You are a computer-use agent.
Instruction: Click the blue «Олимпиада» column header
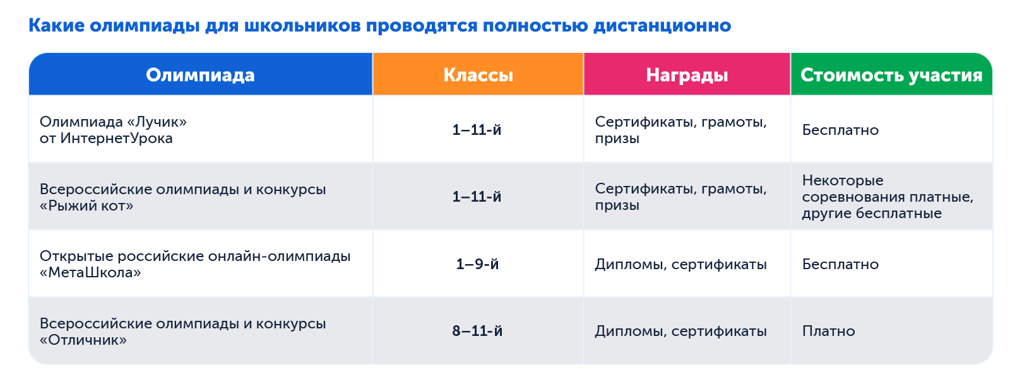pos(200,75)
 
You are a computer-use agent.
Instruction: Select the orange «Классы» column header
pos(478,75)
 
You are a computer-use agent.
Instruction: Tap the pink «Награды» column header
pos(687,75)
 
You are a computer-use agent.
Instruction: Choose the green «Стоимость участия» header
pos(891,75)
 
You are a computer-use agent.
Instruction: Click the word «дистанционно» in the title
pos(662,26)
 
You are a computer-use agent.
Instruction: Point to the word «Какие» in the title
pos(56,26)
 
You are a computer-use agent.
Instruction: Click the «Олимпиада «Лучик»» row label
pos(113,130)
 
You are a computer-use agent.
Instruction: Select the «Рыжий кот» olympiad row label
pos(182,197)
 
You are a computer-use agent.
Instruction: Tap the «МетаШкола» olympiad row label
pos(194,264)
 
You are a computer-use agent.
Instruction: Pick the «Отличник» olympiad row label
pos(182,332)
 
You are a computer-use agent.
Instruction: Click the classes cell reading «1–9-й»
pos(477,264)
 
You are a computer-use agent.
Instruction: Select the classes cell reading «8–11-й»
pos(477,331)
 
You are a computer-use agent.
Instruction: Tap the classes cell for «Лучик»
pos(477,130)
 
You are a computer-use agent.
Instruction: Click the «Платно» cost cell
pos(828,331)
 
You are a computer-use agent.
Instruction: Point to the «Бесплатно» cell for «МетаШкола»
pos(840,264)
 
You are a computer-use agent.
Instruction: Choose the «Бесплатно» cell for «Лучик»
pos(840,130)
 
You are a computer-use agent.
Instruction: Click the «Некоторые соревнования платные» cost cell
pos(887,197)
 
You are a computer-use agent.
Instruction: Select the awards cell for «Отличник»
pos(680,331)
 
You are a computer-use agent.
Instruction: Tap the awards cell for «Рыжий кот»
pos(680,197)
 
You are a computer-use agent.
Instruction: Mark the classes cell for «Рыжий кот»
pos(477,197)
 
